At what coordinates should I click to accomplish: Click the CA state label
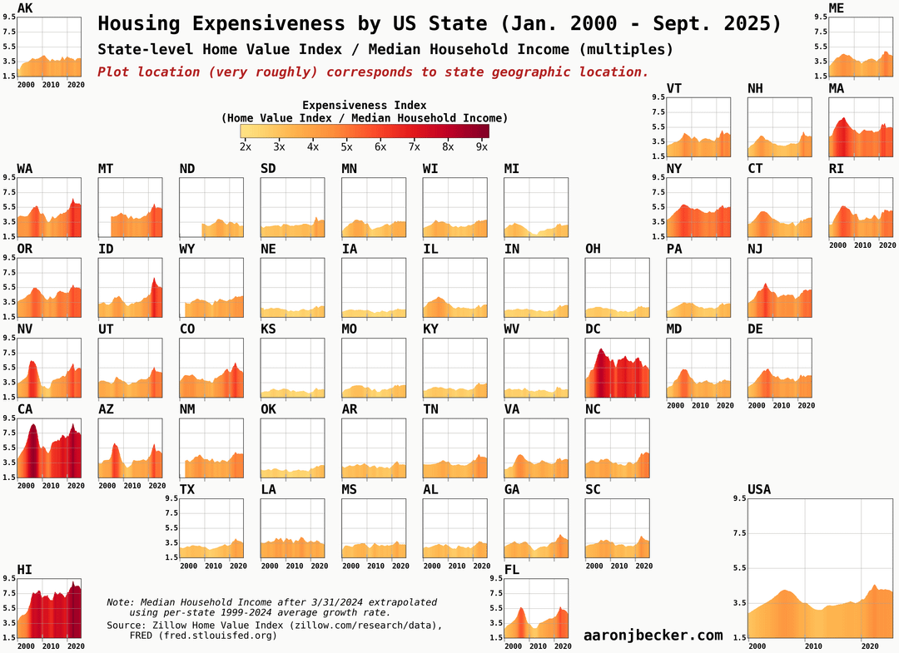point(25,410)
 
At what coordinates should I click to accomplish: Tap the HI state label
point(25,570)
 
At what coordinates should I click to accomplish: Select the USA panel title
point(759,489)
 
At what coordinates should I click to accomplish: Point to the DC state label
point(593,329)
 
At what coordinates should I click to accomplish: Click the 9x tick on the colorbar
point(481,147)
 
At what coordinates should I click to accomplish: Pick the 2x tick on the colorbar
point(246,147)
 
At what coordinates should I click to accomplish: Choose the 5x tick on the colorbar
point(346,147)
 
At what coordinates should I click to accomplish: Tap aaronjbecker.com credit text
point(653,636)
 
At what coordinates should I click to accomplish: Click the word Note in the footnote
point(120,601)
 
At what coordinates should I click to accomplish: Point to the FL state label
point(511,570)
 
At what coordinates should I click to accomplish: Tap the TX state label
point(187,489)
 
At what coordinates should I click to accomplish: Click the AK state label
point(25,8)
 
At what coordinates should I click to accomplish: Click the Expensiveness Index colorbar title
point(364,106)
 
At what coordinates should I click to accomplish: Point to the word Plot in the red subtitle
point(114,72)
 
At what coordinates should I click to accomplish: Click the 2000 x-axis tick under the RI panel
point(838,245)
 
